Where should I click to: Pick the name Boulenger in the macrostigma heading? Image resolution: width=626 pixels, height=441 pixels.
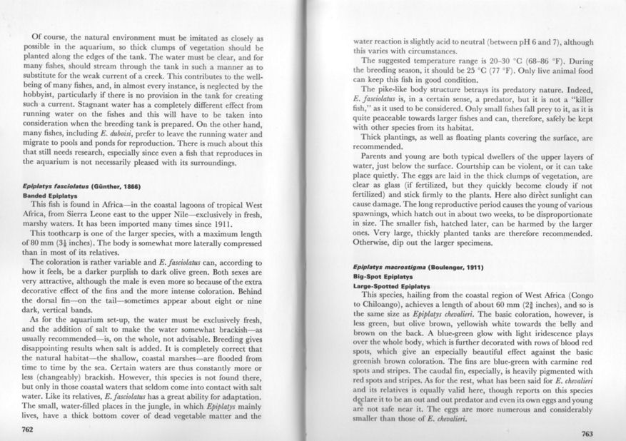tap(443, 266)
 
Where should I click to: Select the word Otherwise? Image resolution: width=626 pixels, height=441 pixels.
tap(377, 241)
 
